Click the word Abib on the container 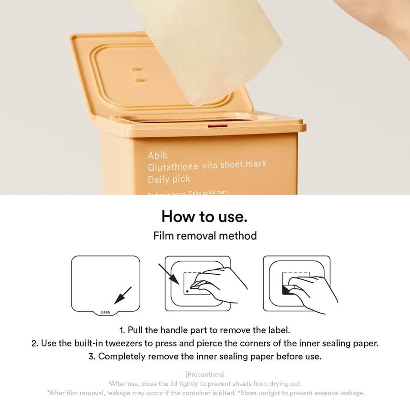pyautogui.click(x=157, y=155)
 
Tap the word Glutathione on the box pyautogui.click(x=173, y=167)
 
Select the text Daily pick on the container pyautogui.click(x=169, y=180)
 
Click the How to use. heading pyautogui.click(x=205, y=216)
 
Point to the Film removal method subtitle pyautogui.click(x=205, y=236)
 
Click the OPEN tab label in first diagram pyautogui.click(x=106, y=312)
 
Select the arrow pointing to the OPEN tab pyautogui.click(x=123, y=296)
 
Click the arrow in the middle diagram pyautogui.click(x=169, y=274)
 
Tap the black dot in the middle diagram pyautogui.click(x=187, y=291)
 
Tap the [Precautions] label pyautogui.click(x=205, y=374)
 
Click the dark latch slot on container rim pyautogui.click(x=217, y=126)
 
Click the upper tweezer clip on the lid pyautogui.click(x=136, y=70)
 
